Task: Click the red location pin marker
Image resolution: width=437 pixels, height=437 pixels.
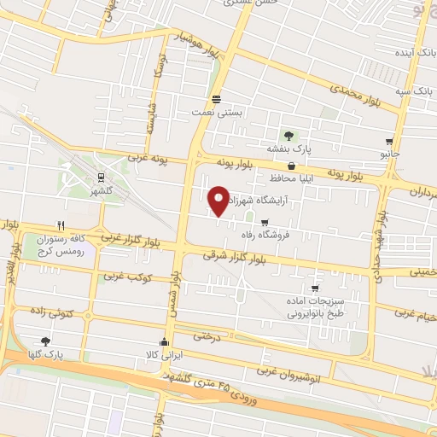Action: tap(218, 200)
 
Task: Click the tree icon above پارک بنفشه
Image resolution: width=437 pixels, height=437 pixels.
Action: tap(288, 135)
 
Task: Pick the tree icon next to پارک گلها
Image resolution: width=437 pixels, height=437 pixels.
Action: tap(45, 341)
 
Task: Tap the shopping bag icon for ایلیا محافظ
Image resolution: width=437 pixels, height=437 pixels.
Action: tap(292, 166)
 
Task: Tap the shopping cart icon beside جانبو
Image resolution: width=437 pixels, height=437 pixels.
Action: tap(389, 142)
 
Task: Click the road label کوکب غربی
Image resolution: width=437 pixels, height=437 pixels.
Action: tap(126, 277)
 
